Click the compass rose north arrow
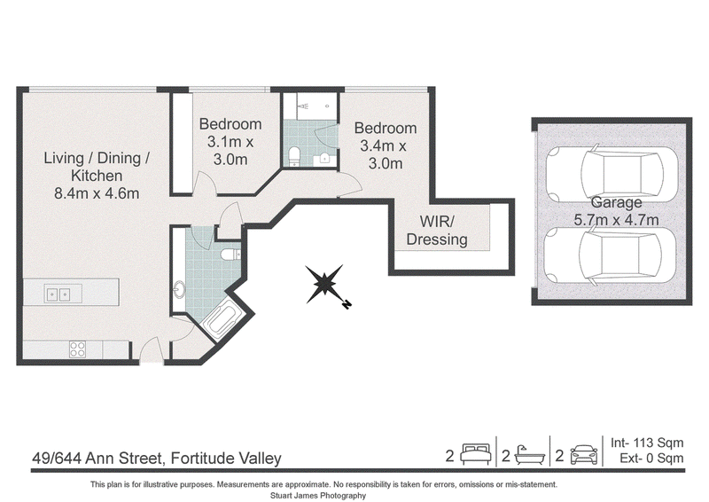pyautogui.click(x=324, y=285)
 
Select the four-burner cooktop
pyautogui.click(x=77, y=349)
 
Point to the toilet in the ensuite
pyautogui.click(x=294, y=156)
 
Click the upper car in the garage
pyautogui.click(x=612, y=173)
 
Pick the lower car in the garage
pyautogui.click(x=610, y=255)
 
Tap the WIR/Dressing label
pyautogui.click(x=437, y=231)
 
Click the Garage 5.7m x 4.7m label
pyautogui.click(x=616, y=211)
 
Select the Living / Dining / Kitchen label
pyautogui.click(x=97, y=176)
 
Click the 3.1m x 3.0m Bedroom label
pyautogui.click(x=230, y=141)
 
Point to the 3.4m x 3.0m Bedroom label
pyautogui.click(x=386, y=145)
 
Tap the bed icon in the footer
pyautogui.click(x=476, y=453)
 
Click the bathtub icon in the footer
pyautogui.click(x=530, y=454)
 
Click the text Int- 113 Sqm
pyautogui.click(x=647, y=443)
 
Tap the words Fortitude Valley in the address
pyautogui.click(x=226, y=459)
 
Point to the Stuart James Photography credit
pyautogui.click(x=318, y=496)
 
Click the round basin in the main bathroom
pyautogui.click(x=180, y=289)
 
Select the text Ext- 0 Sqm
pyautogui.click(x=651, y=458)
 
